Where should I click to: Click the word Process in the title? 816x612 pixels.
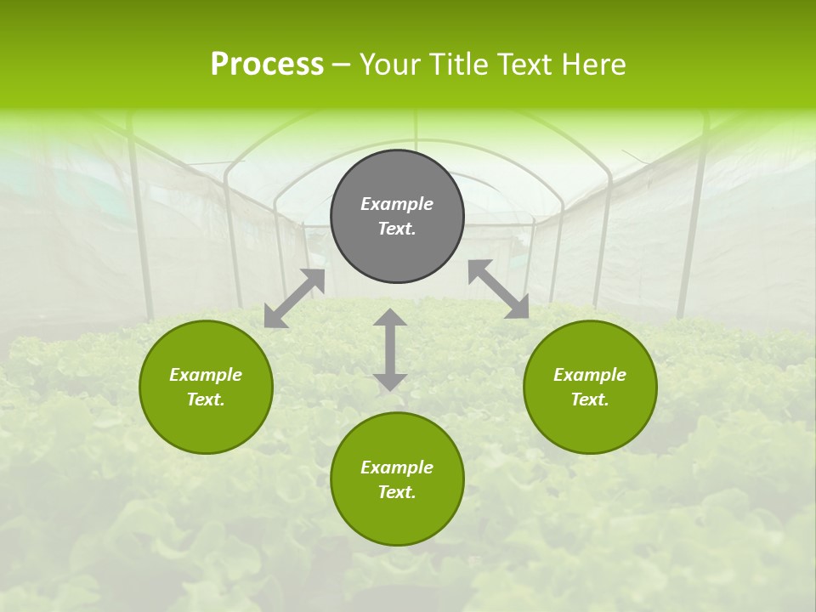[x=267, y=65]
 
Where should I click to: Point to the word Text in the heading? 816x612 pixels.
[x=527, y=65]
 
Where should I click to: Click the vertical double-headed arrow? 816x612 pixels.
[x=390, y=350]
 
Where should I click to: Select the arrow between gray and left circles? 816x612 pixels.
[x=294, y=298]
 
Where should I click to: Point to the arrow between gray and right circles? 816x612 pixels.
[x=499, y=289]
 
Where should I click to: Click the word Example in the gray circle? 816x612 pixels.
[x=397, y=204]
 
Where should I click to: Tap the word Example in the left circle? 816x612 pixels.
[x=206, y=375]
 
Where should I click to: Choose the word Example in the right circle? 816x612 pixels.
[x=590, y=375]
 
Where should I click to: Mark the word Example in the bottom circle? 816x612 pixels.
[x=397, y=467]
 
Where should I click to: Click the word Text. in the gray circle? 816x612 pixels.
[x=397, y=229]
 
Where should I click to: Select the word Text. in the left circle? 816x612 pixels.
[x=206, y=399]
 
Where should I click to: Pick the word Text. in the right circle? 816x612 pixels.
[x=590, y=399]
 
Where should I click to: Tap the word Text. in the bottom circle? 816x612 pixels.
[x=397, y=492]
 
